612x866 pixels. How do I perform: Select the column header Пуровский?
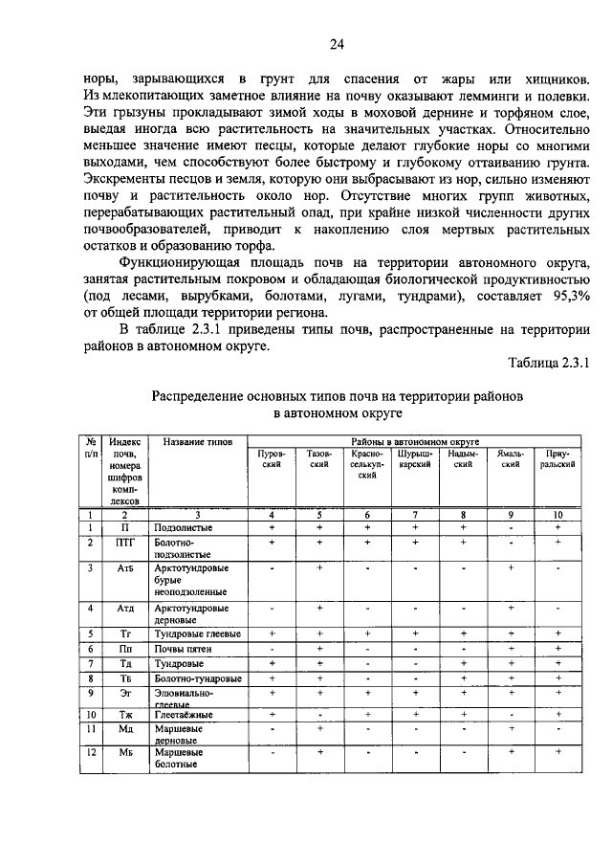[272, 457]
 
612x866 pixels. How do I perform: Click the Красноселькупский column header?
[366, 464]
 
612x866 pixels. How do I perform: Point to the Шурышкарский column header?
[415, 457]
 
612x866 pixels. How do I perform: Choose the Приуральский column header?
[558, 457]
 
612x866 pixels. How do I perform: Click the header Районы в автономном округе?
[415, 441]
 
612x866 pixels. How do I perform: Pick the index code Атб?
[124, 568]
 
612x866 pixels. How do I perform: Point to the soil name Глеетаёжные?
[185, 714]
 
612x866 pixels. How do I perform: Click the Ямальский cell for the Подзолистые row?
[510, 527]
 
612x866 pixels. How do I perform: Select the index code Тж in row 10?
[124, 714]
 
